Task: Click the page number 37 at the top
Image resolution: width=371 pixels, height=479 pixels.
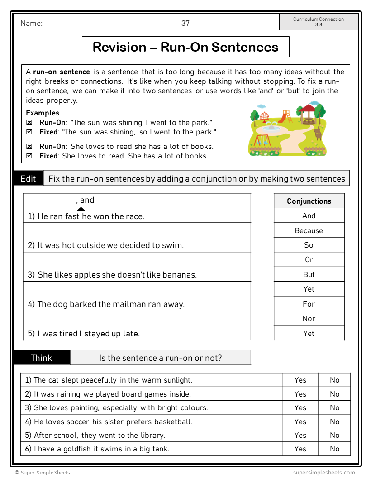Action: tap(185, 23)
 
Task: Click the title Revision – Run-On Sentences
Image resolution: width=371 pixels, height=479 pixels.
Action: tap(185, 47)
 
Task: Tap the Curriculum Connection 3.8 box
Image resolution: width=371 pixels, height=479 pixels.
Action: tap(319, 22)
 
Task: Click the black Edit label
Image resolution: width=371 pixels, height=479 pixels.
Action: tap(28, 178)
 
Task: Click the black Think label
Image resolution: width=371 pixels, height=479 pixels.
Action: tap(42, 358)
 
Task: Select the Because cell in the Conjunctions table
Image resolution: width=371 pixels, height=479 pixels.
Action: tap(309, 230)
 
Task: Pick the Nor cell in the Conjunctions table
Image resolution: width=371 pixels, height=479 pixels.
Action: tap(309, 318)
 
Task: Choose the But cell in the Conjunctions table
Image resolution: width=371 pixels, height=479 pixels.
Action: tap(309, 274)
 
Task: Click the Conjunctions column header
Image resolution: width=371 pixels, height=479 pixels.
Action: tap(309, 201)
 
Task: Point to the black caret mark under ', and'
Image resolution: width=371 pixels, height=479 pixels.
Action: tap(81, 209)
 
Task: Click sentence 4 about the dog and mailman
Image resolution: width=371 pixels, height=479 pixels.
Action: tap(106, 304)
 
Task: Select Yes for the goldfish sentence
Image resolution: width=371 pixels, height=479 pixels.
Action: tap(300, 449)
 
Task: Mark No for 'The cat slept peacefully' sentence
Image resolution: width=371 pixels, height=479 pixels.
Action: tap(334, 380)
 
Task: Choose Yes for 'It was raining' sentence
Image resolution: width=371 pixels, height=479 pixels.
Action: tap(300, 394)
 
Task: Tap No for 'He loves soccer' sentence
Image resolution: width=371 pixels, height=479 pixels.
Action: tap(334, 422)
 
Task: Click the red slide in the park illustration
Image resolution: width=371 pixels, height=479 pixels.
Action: tap(285, 116)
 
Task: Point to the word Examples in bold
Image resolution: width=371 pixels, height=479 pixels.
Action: tap(43, 113)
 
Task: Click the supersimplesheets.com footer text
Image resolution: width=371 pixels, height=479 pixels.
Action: tap(323, 472)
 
